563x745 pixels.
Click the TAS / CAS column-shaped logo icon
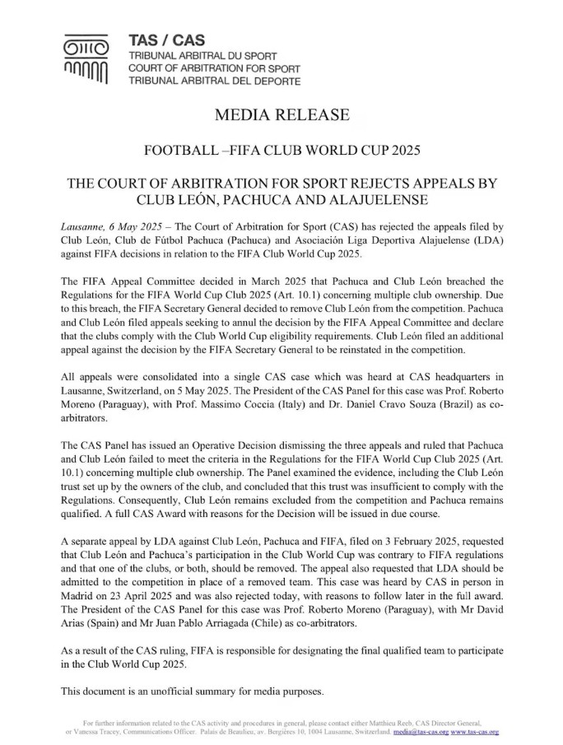click(x=86, y=61)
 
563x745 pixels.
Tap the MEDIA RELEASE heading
click(x=281, y=115)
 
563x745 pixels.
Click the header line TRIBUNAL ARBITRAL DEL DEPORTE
click(x=214, y=81)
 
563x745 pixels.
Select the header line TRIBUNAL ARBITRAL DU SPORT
click(x=202, y=55)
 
